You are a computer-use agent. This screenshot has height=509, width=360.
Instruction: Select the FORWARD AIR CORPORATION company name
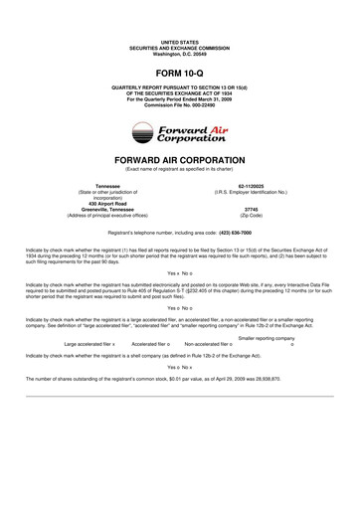[x=179, y=160]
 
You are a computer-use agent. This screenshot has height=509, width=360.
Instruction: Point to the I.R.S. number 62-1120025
[x=251, y=185]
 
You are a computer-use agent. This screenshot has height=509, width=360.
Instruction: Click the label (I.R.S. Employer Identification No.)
[x=251, y=191]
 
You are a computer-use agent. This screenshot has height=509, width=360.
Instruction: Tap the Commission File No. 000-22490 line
[x=179, y=106]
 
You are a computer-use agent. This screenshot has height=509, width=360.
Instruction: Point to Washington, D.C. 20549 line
[x=179, y=52]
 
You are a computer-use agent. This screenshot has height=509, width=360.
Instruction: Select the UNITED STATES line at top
[x=179, y=41]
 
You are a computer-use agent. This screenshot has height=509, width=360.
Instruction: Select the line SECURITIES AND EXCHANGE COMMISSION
[x=179, y=47]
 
